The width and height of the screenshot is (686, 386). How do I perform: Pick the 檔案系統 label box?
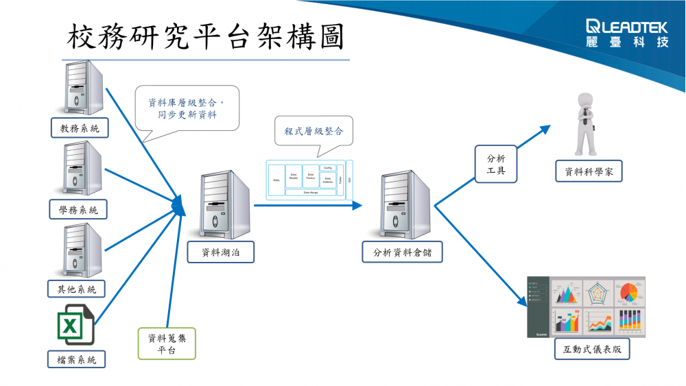[x=77, y=359]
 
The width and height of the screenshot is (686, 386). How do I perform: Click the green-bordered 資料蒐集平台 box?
[x=167, y=343]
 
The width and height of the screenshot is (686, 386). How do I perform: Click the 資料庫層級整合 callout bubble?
[x=187, y=108]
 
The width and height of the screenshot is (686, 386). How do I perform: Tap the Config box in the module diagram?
[x=328, y=167]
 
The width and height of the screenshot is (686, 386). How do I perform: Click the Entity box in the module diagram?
[x=276, y=180]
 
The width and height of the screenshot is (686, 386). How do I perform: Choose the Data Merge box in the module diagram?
[x=311, y=193]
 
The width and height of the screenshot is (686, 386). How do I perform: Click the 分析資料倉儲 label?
[x=402, y=252]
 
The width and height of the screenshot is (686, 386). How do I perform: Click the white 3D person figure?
[x=584, y=123]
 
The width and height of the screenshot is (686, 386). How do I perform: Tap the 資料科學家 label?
[x=589, y=172]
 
